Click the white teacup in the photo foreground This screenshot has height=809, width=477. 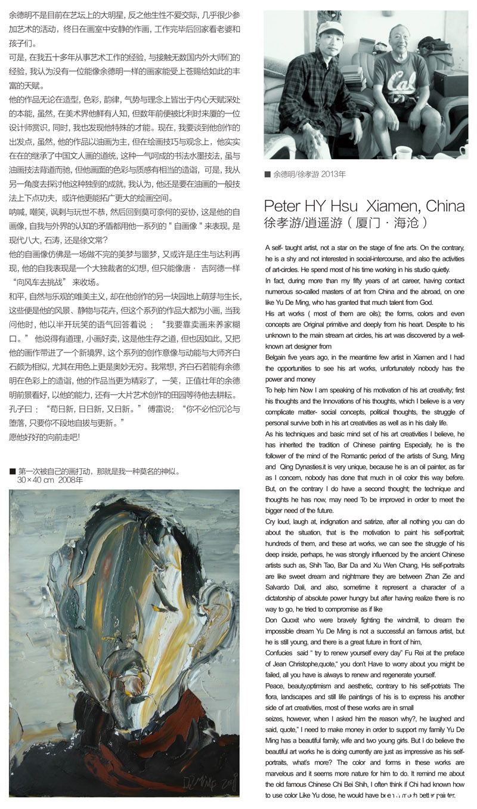[x=402, y=152]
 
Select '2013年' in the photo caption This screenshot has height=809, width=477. [x=334, y=174]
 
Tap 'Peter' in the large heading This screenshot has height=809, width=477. [x=282, y=206]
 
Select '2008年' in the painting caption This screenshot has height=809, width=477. [x=71, y=480]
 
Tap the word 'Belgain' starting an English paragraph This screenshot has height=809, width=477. [x=278, y=357]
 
